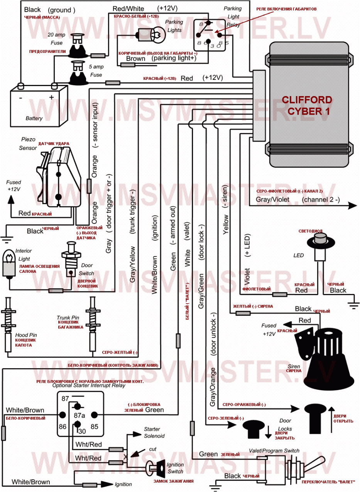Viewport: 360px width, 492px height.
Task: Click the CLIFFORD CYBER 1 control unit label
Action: (x=307, y=105)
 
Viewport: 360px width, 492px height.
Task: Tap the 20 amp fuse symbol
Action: (x=78, y=46)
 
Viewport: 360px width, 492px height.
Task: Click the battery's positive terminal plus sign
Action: (x=51, y=98)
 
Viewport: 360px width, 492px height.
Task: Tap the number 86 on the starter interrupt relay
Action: (x=63, y=427)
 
